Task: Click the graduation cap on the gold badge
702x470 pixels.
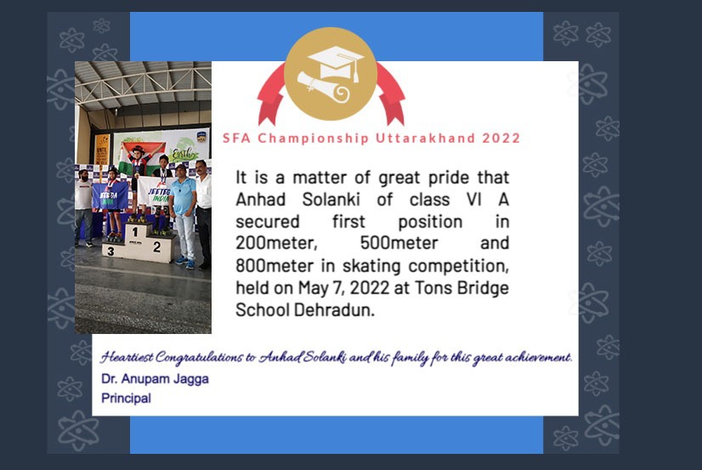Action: pyautogui.click(x=337, y=62)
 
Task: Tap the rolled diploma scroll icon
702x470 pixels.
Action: pyautogui.click(x=323, y=87)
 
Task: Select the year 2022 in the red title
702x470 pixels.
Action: pyautogui.click(x=501, y=138)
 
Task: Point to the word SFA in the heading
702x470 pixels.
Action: pyautogui.click(x=236, y=138)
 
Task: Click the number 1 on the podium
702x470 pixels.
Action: pyautogui.click(x=135, y=232)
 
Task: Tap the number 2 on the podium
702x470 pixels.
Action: pyautogui.click(x=156, y=246)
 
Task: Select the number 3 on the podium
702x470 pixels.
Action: pyautogui.click(x=110, y=251)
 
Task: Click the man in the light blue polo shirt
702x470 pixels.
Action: pyautogui.click(x=183, y=216)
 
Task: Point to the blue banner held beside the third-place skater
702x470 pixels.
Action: pyautogui.click(x=110, y=196)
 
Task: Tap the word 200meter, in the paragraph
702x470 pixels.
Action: pyautogui.click(x=277, y=243)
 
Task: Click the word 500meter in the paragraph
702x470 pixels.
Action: pyautogui.click(x=399, y=243)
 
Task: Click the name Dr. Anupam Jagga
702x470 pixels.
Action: pyautogui.click(x=155, y=379)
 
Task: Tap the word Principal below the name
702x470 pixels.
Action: pyautogui.click(x=127, y=398)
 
